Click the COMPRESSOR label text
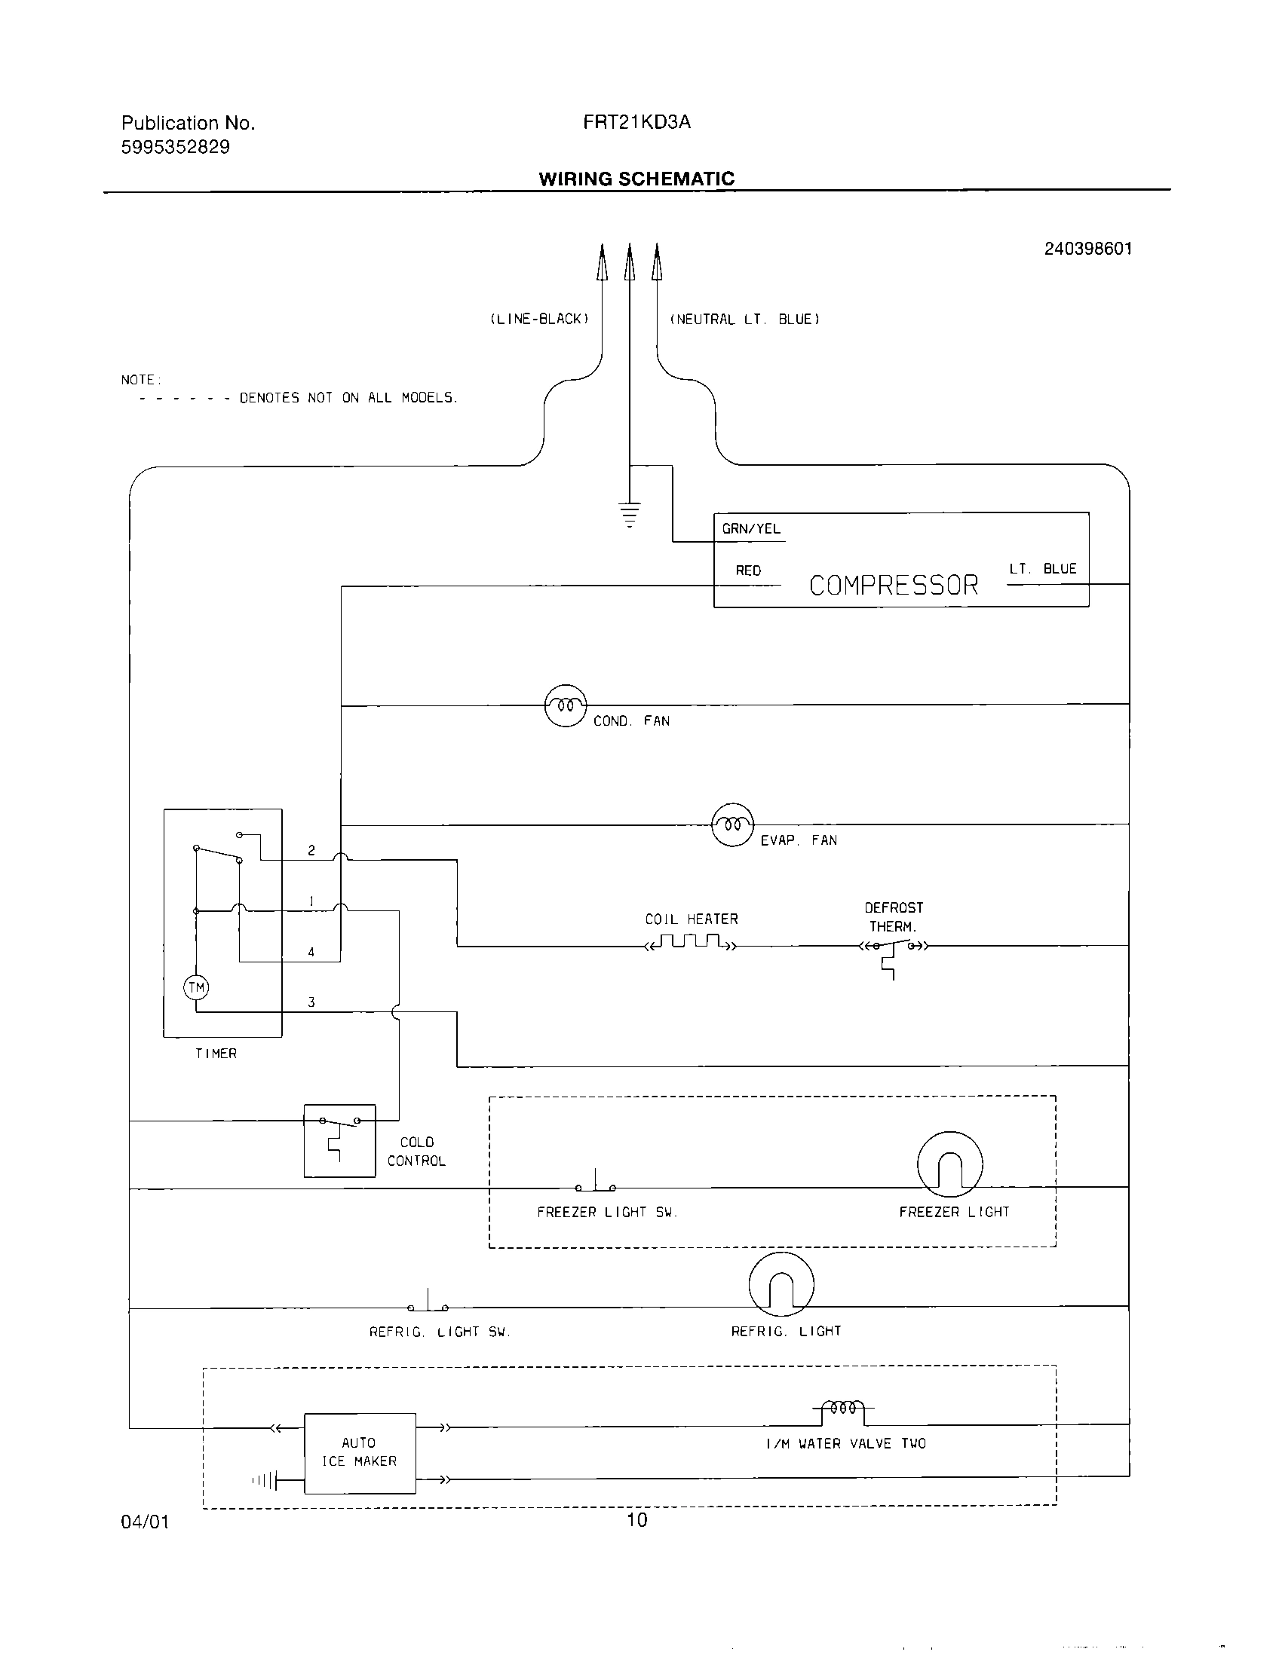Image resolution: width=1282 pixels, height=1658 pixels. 893,586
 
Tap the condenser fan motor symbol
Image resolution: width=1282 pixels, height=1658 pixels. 566,705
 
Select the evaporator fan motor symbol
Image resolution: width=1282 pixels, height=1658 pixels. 732,824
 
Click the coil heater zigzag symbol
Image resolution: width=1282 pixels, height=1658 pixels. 690,944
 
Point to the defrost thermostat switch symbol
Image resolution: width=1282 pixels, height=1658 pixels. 893,949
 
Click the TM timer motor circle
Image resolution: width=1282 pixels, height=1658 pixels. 197,988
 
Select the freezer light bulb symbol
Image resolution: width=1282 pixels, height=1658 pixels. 949,1164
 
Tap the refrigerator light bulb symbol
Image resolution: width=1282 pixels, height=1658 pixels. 781,1283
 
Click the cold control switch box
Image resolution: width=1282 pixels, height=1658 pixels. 339,1140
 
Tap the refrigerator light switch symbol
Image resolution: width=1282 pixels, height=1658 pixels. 428,1304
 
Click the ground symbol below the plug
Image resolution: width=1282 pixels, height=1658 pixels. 630,514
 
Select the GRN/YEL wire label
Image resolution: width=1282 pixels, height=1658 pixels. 751,529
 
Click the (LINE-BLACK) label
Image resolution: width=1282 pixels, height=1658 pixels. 539,319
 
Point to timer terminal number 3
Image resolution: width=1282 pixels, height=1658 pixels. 311,1002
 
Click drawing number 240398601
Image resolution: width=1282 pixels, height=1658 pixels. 1087,249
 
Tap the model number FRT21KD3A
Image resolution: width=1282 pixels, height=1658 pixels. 636,122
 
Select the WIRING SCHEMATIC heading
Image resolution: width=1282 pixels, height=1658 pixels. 636,179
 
